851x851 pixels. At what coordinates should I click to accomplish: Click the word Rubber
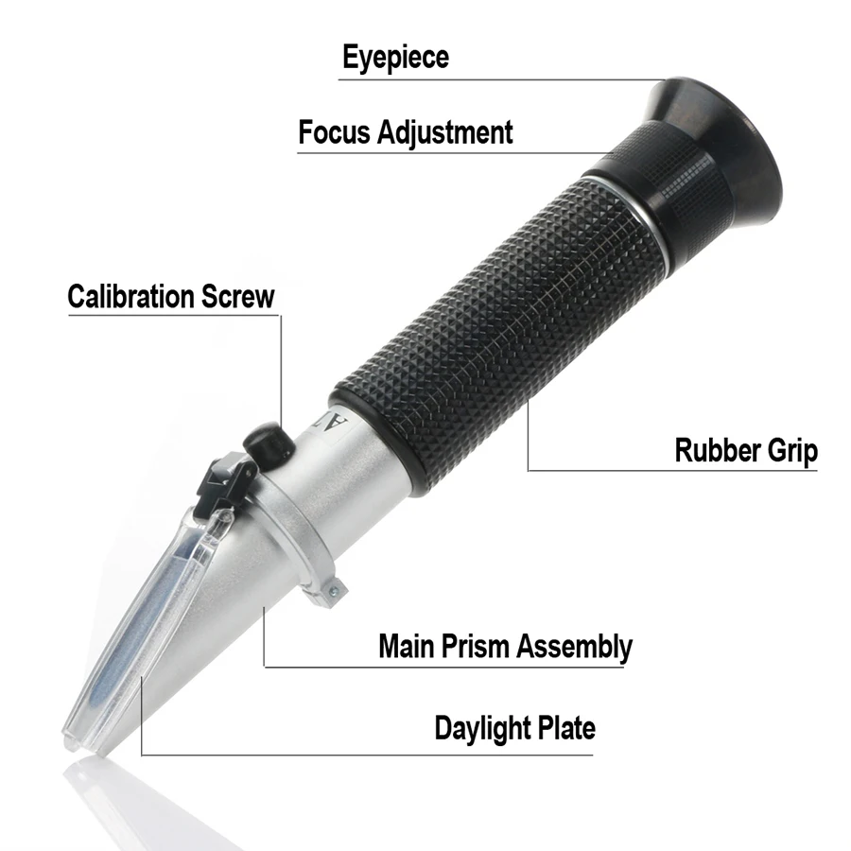(x=709, y=451)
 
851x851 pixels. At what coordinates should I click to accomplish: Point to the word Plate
(x=567, y=728)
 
